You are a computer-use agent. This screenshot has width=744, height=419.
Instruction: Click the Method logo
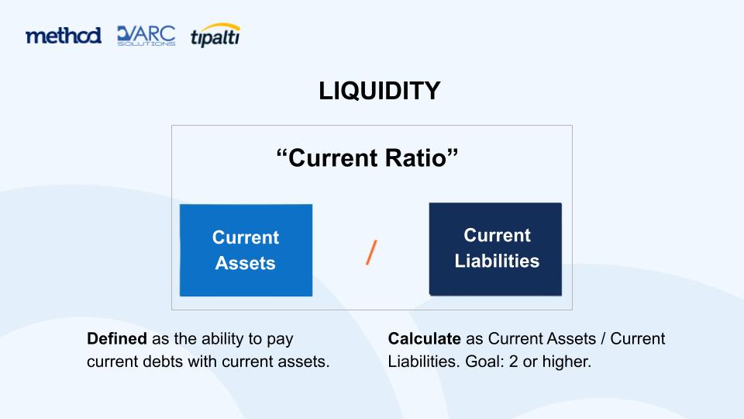63,36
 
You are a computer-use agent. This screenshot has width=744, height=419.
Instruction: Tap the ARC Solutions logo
146,36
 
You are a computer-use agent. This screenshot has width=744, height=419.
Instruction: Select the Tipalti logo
215,35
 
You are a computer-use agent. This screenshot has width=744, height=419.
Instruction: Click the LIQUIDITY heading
380,91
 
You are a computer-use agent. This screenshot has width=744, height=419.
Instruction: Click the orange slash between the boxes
371,252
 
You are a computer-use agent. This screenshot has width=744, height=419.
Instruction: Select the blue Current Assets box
246,251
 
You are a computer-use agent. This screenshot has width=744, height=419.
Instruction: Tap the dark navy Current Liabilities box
495,249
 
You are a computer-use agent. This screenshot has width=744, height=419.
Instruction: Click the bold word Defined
117,339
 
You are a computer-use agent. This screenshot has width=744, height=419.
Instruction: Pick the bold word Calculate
424,339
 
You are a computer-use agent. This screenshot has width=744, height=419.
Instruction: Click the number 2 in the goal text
513,362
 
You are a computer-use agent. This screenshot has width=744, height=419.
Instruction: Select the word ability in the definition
222,339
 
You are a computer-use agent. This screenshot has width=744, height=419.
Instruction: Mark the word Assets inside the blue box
246,263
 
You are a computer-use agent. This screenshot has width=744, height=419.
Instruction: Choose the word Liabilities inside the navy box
497,261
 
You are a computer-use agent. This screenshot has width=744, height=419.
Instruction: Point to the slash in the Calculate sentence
603,339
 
